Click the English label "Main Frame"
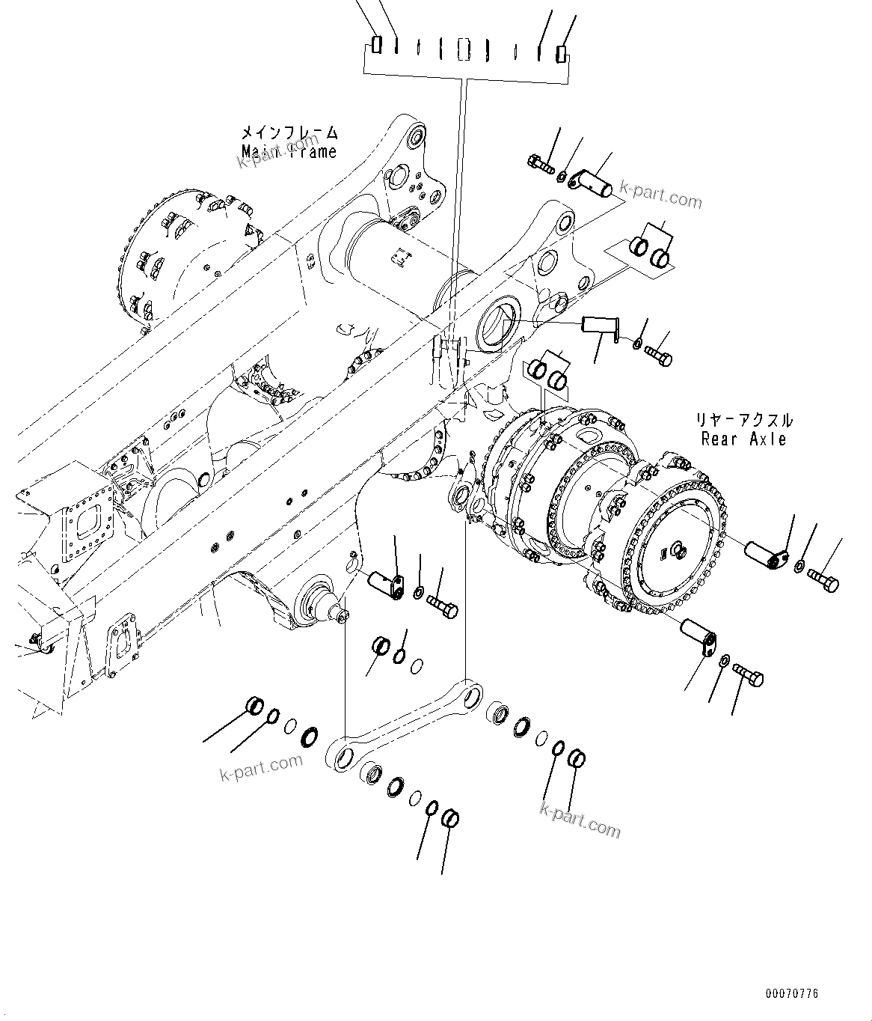pyautogui.click(x=289, y=152)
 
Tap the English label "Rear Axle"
pyautogui.click(x=743, y=439)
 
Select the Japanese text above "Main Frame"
pyautogui.click(x=289, y=133)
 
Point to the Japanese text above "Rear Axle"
pyautogui.click(x=743, y=420)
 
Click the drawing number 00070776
pyautogui.click(x=791, y=994)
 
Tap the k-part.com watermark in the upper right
pyautogui.click(x=663, y=198)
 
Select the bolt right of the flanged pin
pyautogui.click(x=659, y=356)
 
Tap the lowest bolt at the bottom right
pyautogui.click(x=749, y=674)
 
